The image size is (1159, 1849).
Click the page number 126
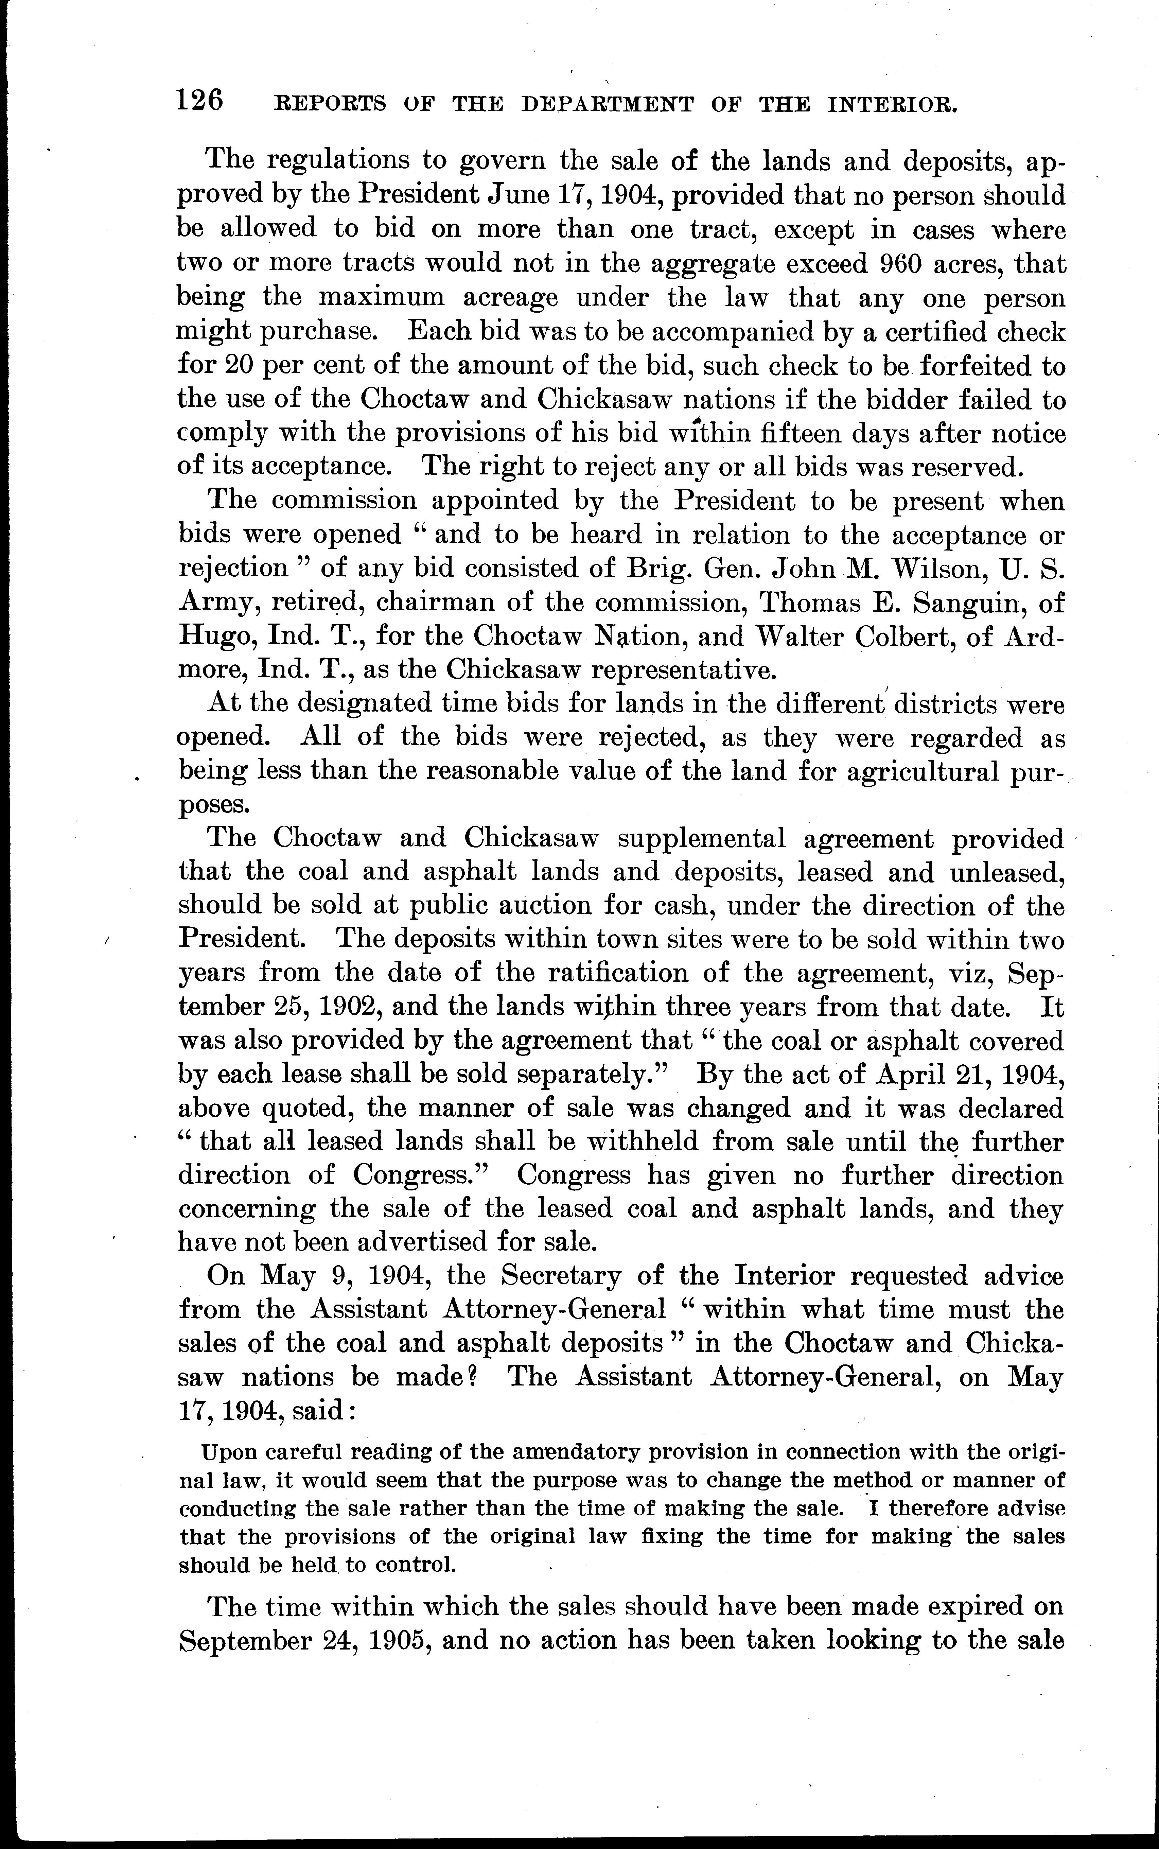click(199, 101)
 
